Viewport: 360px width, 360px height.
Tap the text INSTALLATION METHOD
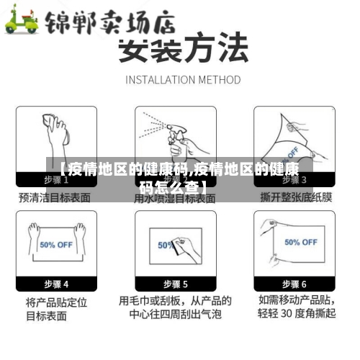(183, 79)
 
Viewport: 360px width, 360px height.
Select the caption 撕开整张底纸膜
(295, 197)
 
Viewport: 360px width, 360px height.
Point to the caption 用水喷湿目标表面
(176, 197)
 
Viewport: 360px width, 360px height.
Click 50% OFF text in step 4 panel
(56, 245)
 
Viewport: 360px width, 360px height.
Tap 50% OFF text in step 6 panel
(300, 243)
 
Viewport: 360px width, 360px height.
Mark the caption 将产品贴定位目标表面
(56, 307)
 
